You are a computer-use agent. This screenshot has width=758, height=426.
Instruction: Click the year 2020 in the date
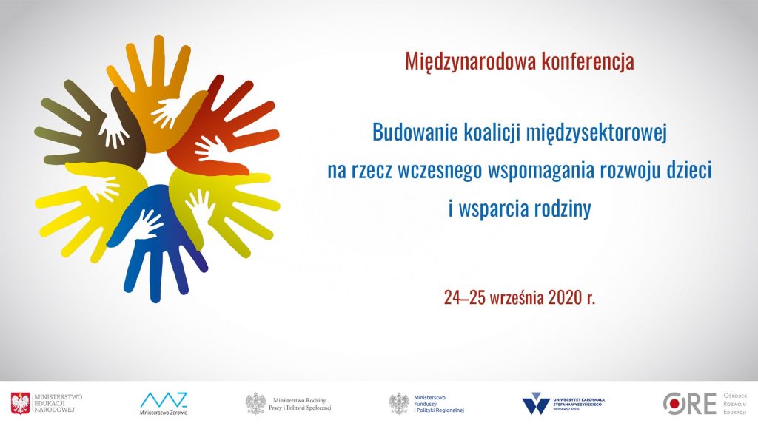pyautogui.click(x=565, y=297)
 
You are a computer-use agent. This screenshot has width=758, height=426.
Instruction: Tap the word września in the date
pyautogui.click(x=517, y=297)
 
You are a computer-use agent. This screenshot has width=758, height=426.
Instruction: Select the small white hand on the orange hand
pyautogui.click(x=166, y=113)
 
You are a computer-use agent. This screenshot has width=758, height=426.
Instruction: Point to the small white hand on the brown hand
pyautogui.click(x=113, y=130)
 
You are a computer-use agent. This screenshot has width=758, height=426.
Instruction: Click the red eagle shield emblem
pyautogui.click(x=20, y=403)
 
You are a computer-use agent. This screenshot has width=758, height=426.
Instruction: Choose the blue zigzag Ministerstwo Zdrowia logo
pyautogui.click(x=164, y=400)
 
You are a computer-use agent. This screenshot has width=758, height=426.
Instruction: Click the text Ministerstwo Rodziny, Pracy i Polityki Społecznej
pyautogui.click(x=300, y=405)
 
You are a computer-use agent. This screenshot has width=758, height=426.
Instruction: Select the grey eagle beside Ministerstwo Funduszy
pyautogui.click(x=399, y=404)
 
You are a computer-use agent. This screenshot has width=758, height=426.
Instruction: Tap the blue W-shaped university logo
pyautogui.click(x=536, y=404)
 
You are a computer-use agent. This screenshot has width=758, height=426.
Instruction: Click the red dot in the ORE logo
pyautogui.click(x=672, y=403)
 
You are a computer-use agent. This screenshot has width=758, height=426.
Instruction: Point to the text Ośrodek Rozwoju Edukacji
pyautogui.click(x=735, y=404)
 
